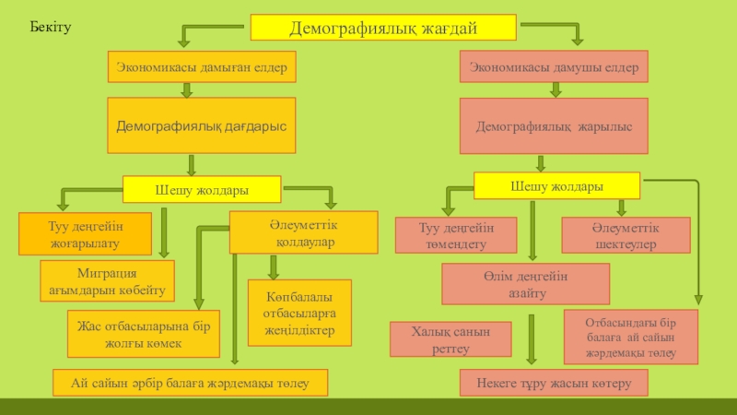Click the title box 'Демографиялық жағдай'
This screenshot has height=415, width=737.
[383, 28]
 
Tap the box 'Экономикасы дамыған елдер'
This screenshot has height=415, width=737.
[203, 66]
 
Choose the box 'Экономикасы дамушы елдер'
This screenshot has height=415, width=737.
[555, 66]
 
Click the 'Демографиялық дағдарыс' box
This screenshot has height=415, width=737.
[201, 125]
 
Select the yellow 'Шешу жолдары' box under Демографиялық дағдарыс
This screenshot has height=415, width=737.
[202, 190]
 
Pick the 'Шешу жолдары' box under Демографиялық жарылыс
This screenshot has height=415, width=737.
[556, 186]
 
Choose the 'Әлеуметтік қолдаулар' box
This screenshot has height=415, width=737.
[303, 232]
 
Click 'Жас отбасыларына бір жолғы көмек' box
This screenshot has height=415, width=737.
[143, 335]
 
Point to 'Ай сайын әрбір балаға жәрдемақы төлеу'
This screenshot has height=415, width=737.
[191, 382]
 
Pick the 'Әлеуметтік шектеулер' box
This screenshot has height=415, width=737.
[626, 235]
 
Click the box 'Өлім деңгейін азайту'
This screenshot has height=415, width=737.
[525, 284]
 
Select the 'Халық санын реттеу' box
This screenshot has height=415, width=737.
[450, 338]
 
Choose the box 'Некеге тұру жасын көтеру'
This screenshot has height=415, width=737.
[554, 382]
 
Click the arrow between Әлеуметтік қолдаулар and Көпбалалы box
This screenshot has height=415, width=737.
[273, 267]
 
